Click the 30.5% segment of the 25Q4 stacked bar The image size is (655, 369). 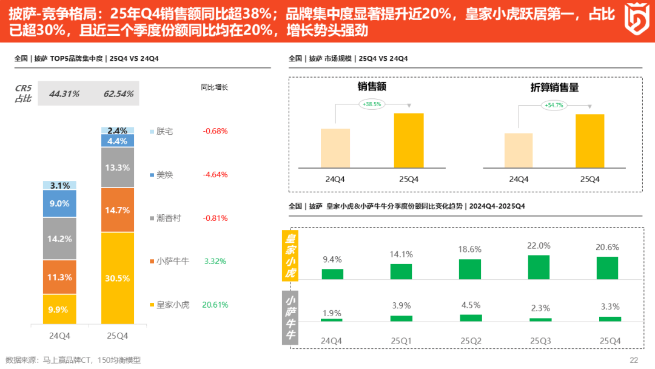pos(118,278)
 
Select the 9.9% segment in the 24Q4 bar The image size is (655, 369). pos(59,310)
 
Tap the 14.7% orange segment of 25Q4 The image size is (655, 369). pos(118,210)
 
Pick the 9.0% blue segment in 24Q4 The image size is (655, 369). pos(59,204)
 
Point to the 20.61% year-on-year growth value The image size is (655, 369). pos(215,305)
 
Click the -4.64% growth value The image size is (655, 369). pos(215,174)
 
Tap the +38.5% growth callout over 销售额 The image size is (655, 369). pos(372,104)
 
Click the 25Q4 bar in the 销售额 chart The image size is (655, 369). pos(409,140)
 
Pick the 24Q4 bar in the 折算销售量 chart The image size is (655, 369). pos(519,150)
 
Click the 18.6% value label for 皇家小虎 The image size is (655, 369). pos(470,249)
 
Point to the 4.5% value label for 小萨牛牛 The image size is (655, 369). pos(470,305)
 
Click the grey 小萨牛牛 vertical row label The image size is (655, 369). pos(291,316)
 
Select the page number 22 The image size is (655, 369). pos(634,360)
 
